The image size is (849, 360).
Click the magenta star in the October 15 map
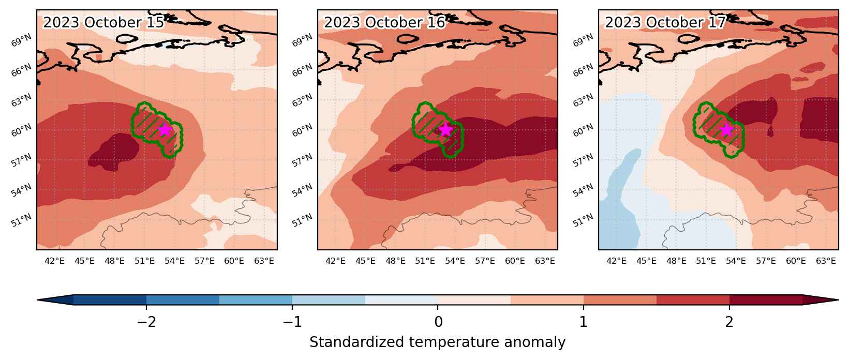(x=165, y=130)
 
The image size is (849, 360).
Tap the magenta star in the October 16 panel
(x=445, y=130)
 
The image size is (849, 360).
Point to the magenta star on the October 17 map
(x=726, y=130)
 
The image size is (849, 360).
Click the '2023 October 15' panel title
(x=103, y=23)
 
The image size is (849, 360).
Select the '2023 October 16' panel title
(x=384, y=23)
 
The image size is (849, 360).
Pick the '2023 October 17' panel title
(x=665, y=23)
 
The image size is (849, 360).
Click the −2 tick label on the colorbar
(x=146, y=322)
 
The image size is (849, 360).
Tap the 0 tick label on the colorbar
(x=438, y=322)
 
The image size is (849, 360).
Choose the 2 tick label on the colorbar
(x=729, y=322)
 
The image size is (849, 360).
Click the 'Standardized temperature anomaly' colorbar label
(x=437, y=342)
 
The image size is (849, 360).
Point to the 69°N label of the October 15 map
(x=21, y=40)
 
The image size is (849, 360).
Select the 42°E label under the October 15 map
(x=54, y=261)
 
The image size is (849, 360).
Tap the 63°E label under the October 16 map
(x=545, y=261)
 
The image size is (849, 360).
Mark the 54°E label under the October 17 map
(x=736, y=261)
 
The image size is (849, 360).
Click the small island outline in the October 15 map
(x=127, y=39)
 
